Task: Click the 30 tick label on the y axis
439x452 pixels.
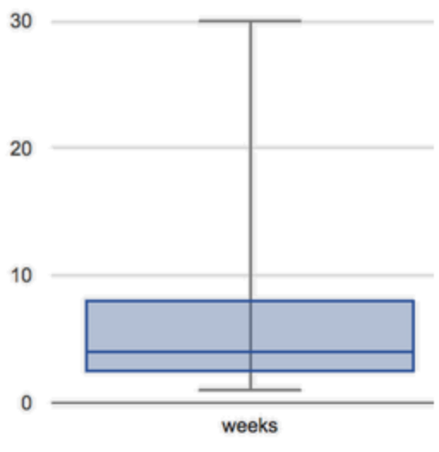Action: tap(21, 21)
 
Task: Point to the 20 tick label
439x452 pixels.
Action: tap(21, 149)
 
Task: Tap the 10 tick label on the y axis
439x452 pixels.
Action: tap(21, 276)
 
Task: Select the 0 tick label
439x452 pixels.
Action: tap(27, 402)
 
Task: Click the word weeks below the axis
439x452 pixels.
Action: tap(250, 425)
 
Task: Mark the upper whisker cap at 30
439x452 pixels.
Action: tap(250, 21)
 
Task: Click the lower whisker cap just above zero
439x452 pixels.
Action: tap(250, 390)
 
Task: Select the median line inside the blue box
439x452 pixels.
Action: tap(250, 352)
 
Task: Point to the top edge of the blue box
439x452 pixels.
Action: tap(250, 301)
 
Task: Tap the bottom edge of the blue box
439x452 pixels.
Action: tap(250, 371)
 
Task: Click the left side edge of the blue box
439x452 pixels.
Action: tap(87, 336)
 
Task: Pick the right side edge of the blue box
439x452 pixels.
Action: tap(413, 336)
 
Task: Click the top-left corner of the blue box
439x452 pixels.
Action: tap(87, 301)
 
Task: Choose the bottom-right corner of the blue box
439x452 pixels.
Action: tap(413, 371)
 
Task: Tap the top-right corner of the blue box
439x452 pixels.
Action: tap(413, 301)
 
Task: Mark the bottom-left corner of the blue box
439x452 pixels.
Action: tap(87, 371)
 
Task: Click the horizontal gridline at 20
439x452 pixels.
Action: tap(243, 148)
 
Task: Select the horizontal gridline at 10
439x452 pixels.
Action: tap(243, 276)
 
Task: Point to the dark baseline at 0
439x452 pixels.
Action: tap(243, 402)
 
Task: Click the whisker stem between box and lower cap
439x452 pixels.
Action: tap(250, 380)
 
